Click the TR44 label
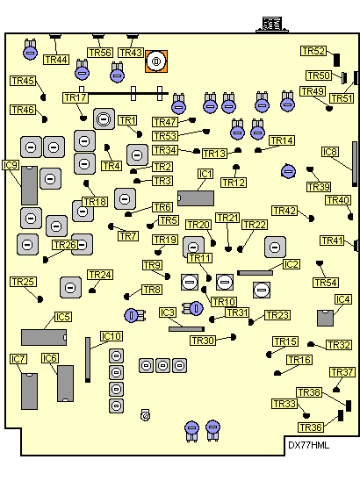pos(56,60)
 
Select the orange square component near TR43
pos(156,61)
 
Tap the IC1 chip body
pos(196,198)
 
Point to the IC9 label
pos(11,165)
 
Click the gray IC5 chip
pos(44,337)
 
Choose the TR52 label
pos(313,51)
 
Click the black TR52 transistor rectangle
pos(336,60)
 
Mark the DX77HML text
pos(308,445)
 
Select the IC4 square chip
pos(326,318)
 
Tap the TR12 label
pos(234,183)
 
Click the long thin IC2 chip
pos(255,273)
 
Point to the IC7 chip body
pos(30,391)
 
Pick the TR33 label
pos(284,404)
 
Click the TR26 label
pos(65,245)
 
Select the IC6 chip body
pos(65,384)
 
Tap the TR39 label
pos(319,187)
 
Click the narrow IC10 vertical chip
pos(88,360)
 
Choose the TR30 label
pos(203,341)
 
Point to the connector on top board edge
pos(272,25)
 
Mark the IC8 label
pos(330,152)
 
